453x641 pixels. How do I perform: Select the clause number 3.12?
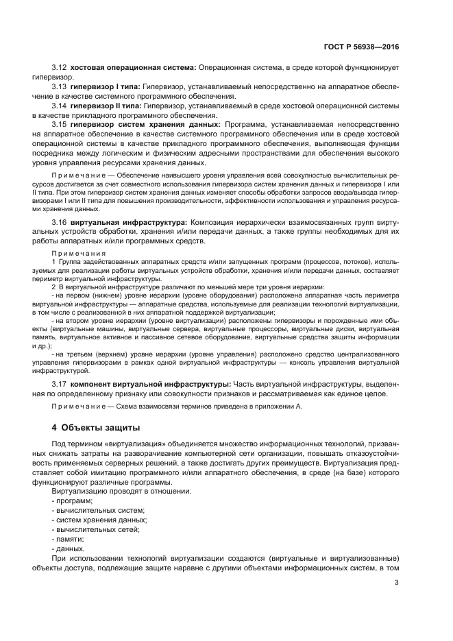(x=60, y=67)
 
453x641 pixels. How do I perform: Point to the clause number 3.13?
(x=60, y=87)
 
